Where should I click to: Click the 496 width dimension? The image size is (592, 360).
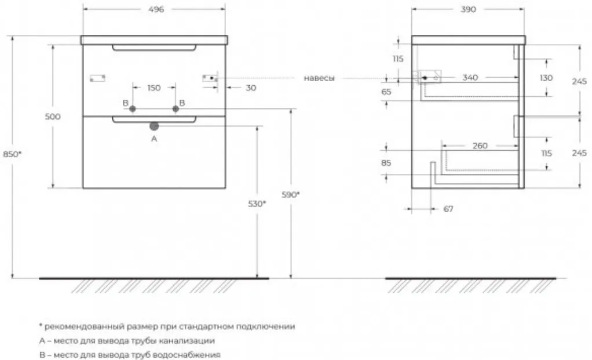(156, 9)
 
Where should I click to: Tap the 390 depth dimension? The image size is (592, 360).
(468, 9)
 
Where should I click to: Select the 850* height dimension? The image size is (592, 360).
(12, 154)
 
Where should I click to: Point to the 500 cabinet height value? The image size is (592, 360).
(53, 117)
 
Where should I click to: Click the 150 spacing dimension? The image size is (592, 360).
(154, 88)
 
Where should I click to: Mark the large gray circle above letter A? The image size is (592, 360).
(154, 126)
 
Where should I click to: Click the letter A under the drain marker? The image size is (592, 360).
(154, 139)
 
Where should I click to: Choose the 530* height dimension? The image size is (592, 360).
(257, 204)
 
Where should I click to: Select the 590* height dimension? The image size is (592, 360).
(291, 195)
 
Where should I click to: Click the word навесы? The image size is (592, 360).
(319, 78)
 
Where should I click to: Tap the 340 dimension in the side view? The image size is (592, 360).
(470, 78)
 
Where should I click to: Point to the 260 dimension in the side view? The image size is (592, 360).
(480, 146)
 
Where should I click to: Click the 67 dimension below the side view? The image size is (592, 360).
(448, 209)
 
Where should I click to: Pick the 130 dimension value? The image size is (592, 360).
(546, 78)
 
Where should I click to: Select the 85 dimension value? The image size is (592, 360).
(386, 163)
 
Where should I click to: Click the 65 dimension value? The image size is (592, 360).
(386, 92)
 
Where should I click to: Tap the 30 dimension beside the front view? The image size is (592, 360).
(251, 88)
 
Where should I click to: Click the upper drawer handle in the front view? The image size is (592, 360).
(154, 48)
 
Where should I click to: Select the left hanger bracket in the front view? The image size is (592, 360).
(97, 78)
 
